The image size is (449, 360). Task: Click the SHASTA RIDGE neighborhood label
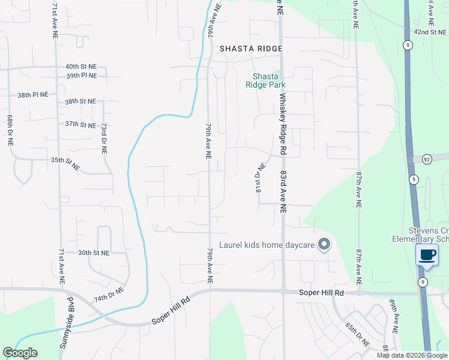[x=250, y=49]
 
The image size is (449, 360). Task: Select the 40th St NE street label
[x=81, y=67]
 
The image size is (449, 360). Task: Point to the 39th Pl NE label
[x=81, y=76]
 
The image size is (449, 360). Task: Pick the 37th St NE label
[x=80, y=125]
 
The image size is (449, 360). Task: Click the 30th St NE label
[x=94, y=253]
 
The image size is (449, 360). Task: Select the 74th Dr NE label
[x=108, y=294]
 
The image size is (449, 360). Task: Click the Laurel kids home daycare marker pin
[x=324, y=244]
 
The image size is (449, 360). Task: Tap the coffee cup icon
[x=427, y=254]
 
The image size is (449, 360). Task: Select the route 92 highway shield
[x=427, y=159]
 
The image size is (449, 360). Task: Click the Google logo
[x=20, y=353]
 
